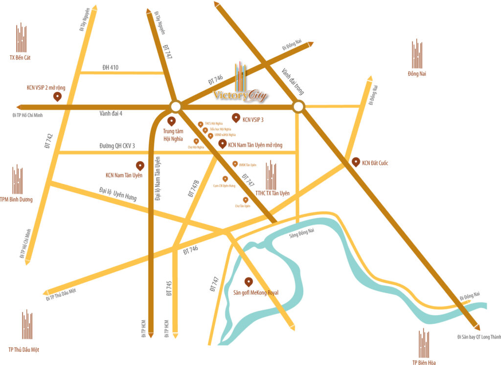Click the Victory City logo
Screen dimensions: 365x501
(241, 88)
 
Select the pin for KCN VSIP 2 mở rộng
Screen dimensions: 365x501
(57, 97)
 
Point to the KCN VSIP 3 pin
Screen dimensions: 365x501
(236, 118)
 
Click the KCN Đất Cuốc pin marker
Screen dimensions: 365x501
(355, 162)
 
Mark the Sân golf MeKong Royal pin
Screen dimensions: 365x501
(249, 282)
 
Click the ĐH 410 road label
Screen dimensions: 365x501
(111, 67)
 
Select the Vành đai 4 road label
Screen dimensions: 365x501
(111, 113)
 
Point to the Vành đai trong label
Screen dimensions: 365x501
(293, 81)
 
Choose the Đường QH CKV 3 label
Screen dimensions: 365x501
(117, 146)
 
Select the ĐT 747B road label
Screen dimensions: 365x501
(194, 188)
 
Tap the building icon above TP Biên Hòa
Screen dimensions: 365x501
(424, 343)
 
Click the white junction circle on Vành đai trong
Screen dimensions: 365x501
(298, 107)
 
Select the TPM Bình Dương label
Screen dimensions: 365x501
(17, 199)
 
